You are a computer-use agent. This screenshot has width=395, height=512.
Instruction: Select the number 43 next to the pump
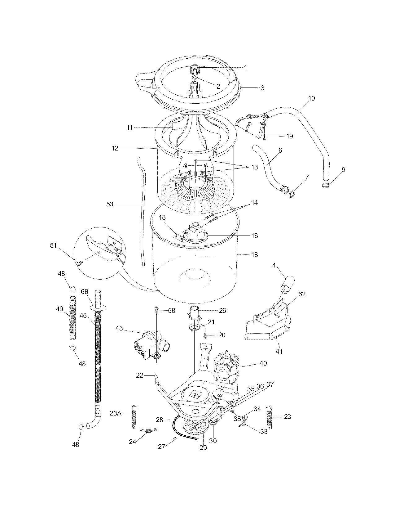(119, 328)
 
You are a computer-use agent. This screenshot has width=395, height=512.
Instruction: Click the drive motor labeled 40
(226, 368)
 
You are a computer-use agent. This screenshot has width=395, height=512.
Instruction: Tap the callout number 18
(254, 255)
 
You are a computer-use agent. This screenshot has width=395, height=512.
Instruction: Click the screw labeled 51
(79, 263)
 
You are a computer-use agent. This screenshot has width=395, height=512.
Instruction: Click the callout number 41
(279, 351)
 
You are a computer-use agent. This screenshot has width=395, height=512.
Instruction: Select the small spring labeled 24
(148, 430)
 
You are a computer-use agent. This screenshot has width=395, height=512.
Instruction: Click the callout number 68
(85, 292)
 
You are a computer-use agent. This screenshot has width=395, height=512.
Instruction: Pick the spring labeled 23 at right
(270, 417)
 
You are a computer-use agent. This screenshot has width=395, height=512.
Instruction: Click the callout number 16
(254, 236)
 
